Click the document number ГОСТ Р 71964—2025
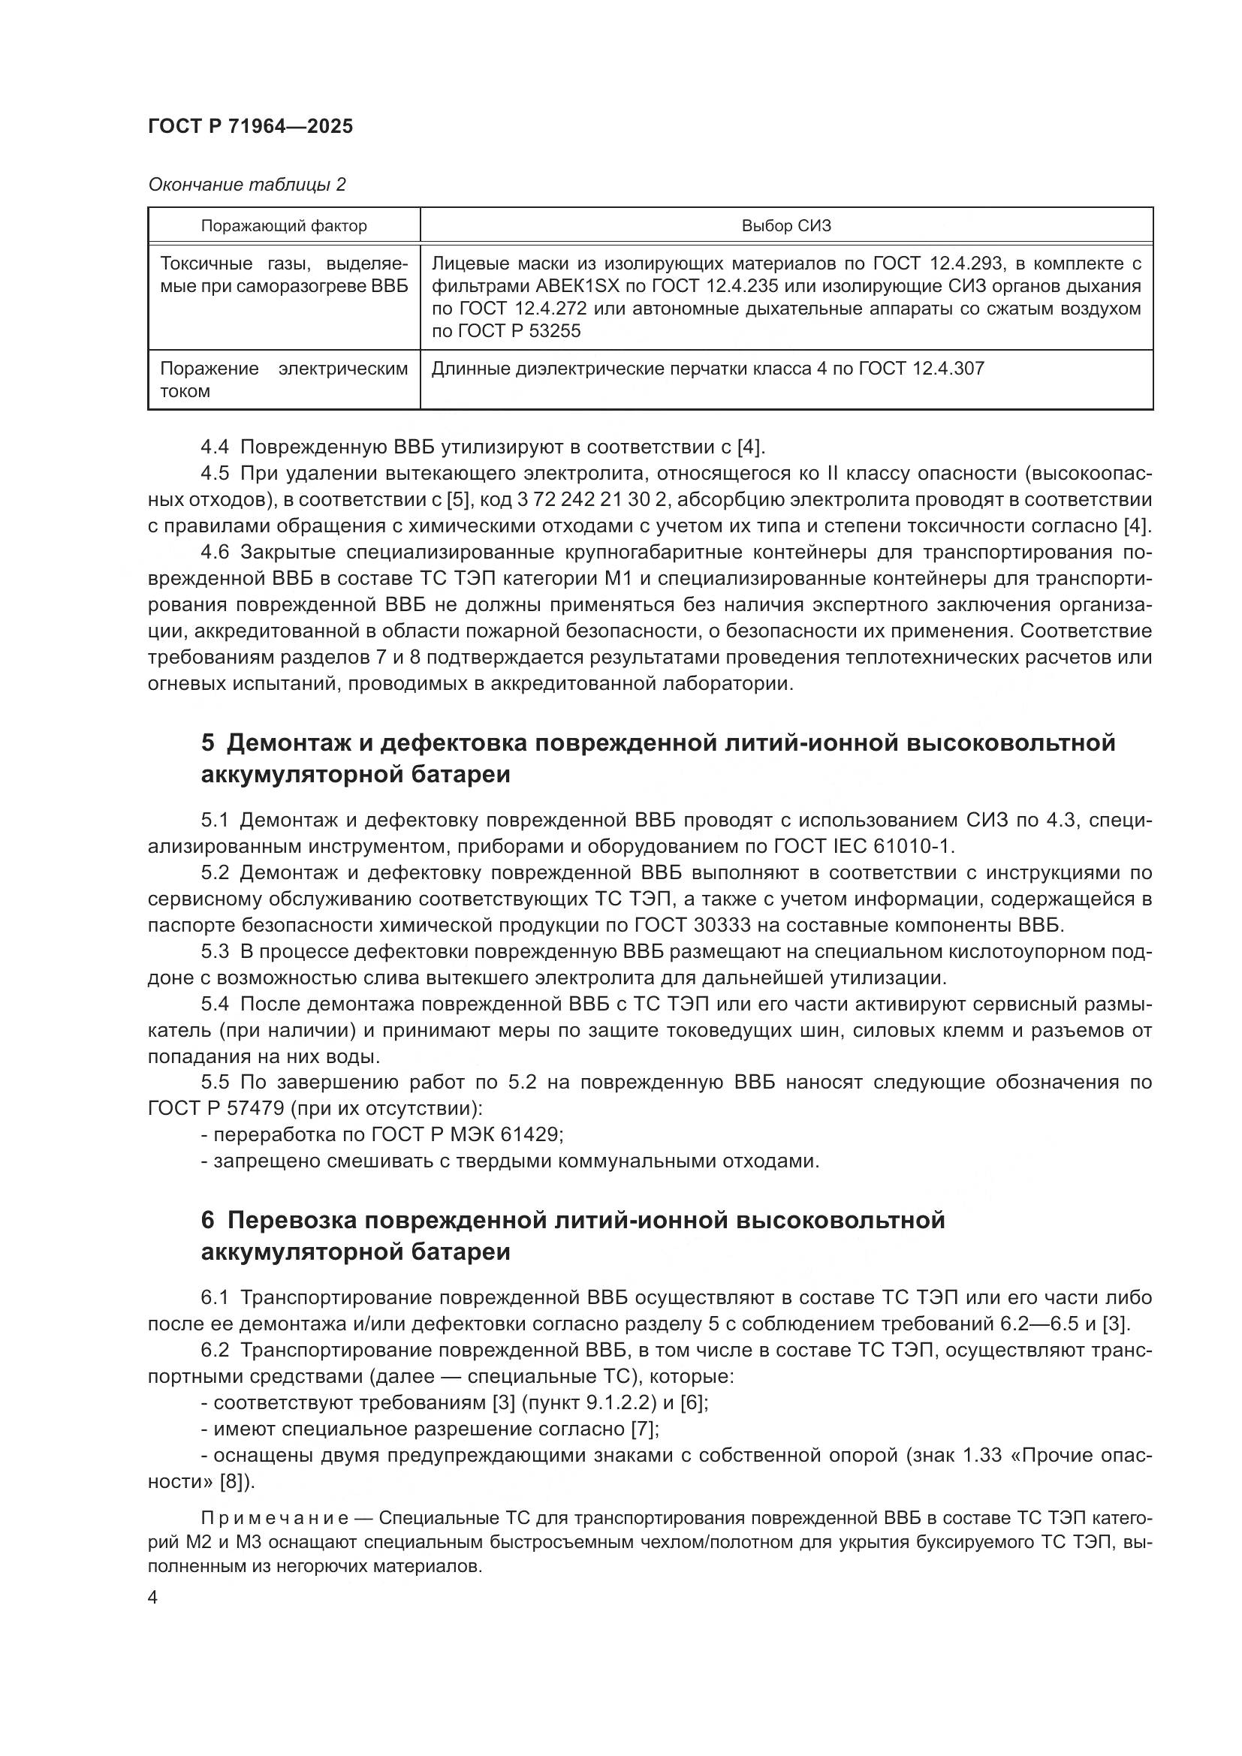(250, 127)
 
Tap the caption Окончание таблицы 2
(246, 185)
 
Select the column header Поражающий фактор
(284, 226)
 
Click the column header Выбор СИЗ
(785, 226)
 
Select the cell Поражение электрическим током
(283, 379)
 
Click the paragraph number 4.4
(214, 447)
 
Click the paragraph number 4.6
(214, 553)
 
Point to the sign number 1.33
(981, 1455)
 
